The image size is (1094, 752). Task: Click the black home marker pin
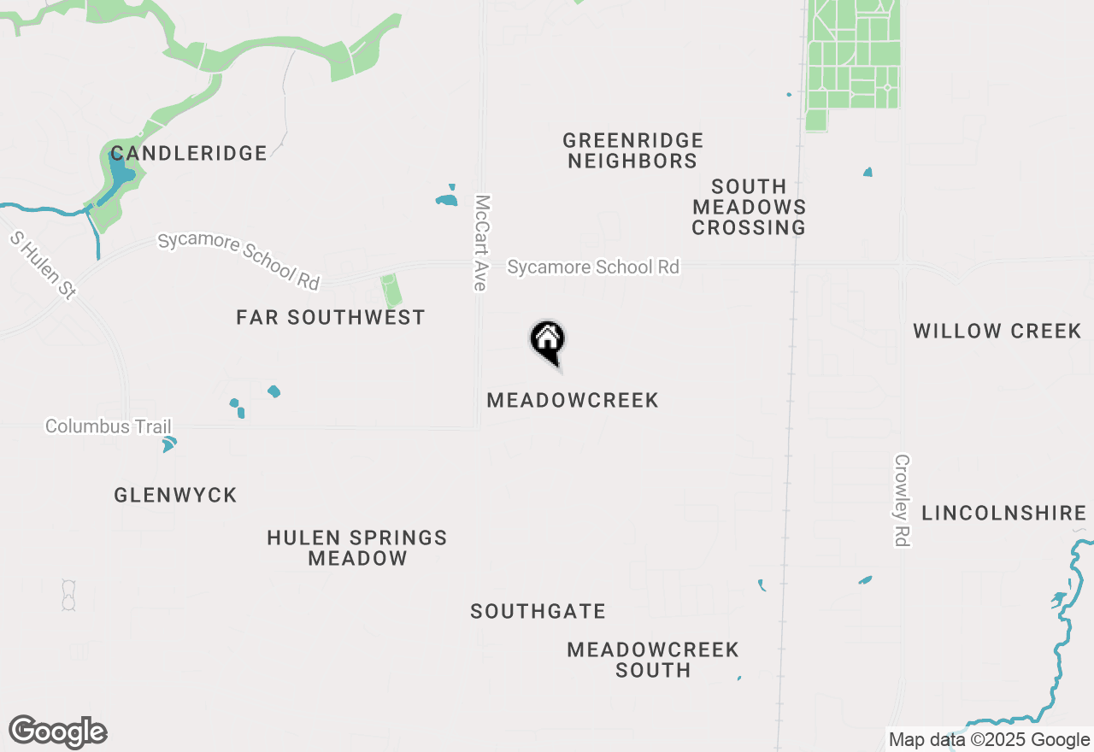(x=548, y=342)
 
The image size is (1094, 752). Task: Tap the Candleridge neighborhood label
(x=189, y=154)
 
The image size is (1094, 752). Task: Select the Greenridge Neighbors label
(x=633, y=150)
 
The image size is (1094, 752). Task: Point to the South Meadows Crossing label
(x=750, y=207)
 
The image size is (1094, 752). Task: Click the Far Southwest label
(x=331, y=318)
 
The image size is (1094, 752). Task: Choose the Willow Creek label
(x=997, y=332)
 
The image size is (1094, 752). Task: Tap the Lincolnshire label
(x=1003, y=514)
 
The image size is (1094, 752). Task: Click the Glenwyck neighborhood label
(x=175, y=496)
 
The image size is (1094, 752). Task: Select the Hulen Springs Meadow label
(x=357, y=548)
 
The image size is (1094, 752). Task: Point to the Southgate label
(x=538, y=612)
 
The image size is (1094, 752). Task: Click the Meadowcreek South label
(x=653, y=660)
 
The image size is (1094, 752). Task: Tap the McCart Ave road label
(x=482, y=243)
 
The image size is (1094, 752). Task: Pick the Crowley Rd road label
(x=903, y=500)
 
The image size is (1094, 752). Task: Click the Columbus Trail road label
(x=109, y=426)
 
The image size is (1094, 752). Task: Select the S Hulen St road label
(x=44, y=264)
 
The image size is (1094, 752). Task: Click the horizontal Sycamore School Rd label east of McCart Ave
(x=593, y=267)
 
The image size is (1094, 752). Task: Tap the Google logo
(x=58, y=732)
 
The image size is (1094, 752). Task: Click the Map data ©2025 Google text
(x=989, y=740)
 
